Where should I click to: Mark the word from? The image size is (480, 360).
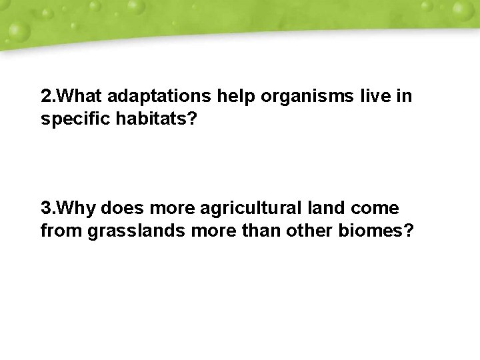point(57,231)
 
